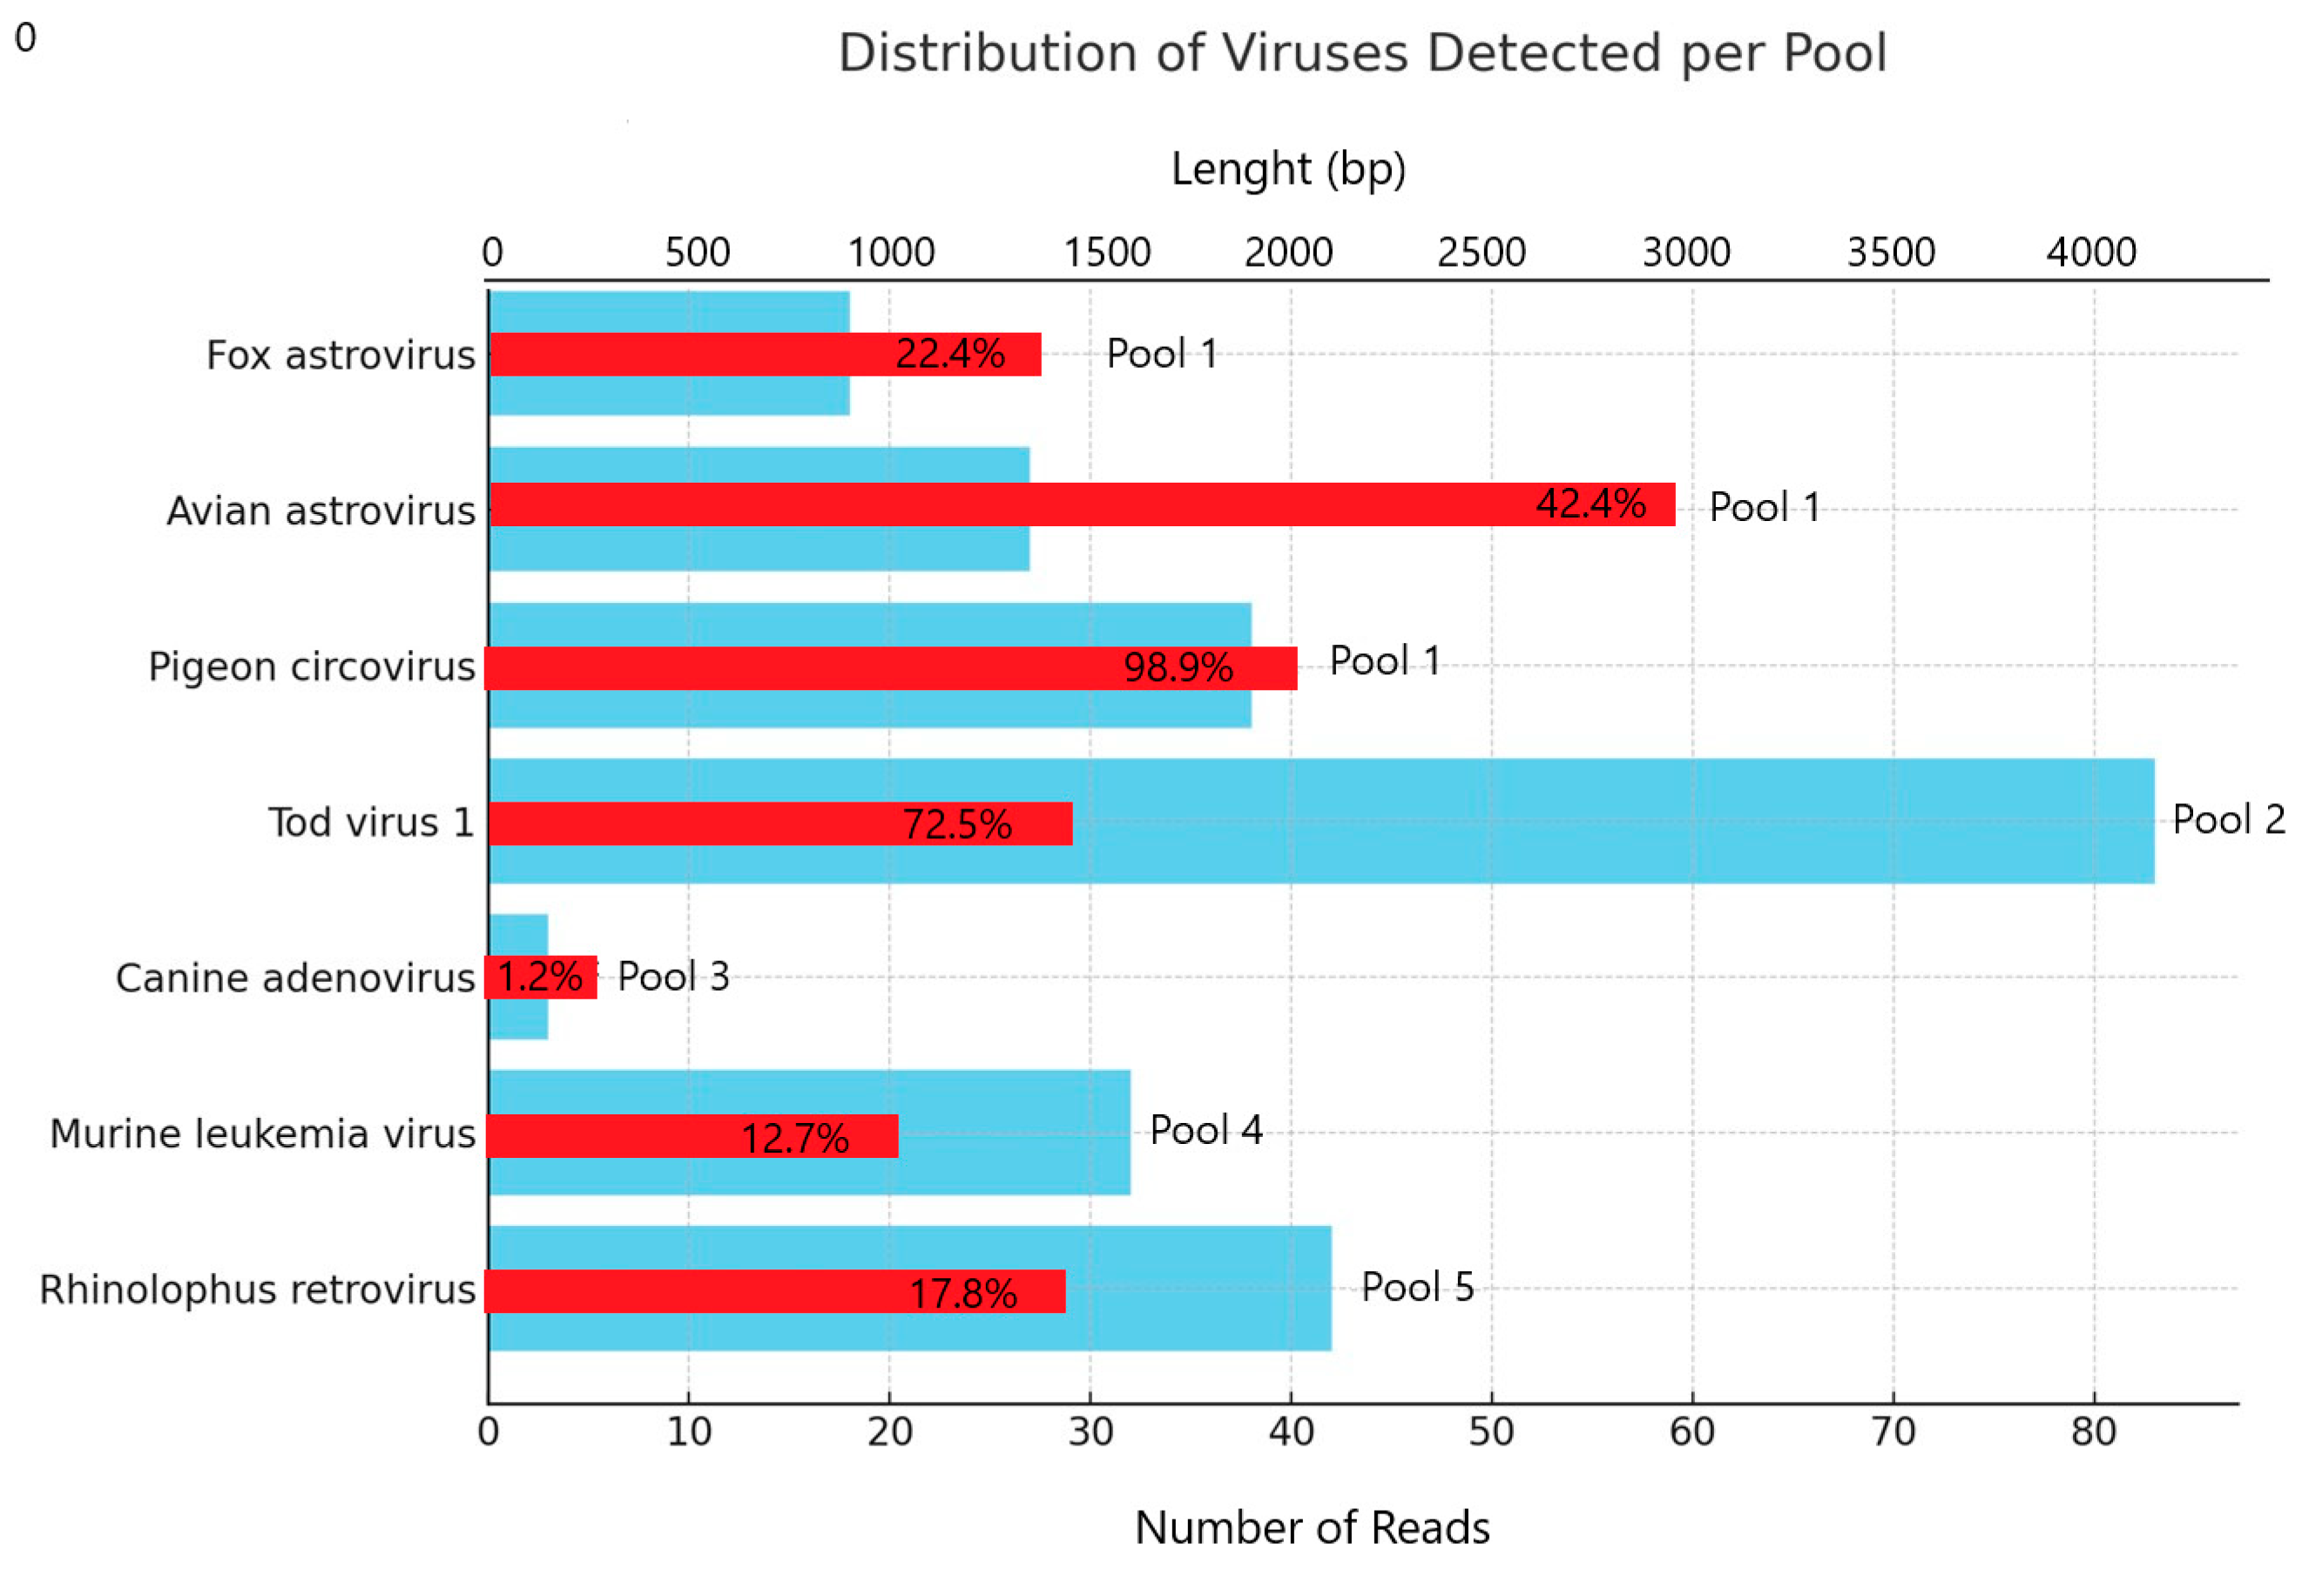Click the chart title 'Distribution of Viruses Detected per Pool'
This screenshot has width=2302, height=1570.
coord(1362,52)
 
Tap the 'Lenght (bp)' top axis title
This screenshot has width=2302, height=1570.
coord(1287,169)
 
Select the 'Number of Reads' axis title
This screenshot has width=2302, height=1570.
coord(1312,1527)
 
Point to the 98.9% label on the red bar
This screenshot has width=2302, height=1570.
coord(1178,667)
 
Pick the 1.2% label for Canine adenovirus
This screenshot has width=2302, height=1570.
coord(540,977)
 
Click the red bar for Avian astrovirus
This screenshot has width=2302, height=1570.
coord(990,504)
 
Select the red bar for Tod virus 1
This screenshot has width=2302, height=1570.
coord(693,823)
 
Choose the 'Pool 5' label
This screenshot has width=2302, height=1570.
coord(1417,1287)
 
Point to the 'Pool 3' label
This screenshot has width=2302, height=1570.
coord(673,977)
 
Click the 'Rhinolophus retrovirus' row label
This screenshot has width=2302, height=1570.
coord(258,1289)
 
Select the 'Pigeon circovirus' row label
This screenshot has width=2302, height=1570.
coord(312,667)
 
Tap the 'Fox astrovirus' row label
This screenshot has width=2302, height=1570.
coord(341,355)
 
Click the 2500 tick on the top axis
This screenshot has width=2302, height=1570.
coord(1481,253)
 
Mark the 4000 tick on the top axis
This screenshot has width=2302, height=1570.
coord(2091,253)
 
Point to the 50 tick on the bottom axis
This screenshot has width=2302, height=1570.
coord(1491,1432)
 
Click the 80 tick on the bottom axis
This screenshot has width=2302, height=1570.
coord(2093,1432)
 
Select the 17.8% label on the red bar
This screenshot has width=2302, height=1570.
coord(962,1293)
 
